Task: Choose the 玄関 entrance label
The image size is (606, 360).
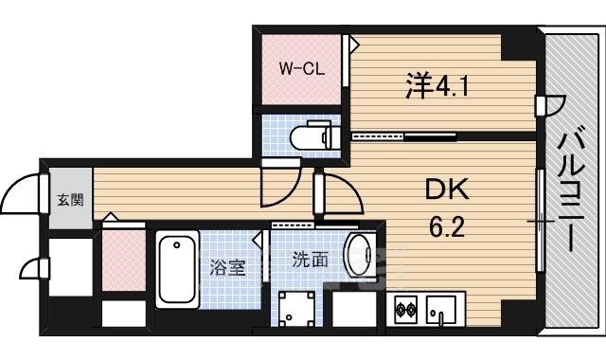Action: point(69,200)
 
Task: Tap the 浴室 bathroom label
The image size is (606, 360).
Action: point(227,267)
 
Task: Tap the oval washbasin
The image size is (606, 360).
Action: point(359,255)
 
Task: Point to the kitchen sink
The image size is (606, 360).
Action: point(440,310)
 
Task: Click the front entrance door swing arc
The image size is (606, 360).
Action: point(21,196)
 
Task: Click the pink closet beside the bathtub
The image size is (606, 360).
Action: point(123,261)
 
